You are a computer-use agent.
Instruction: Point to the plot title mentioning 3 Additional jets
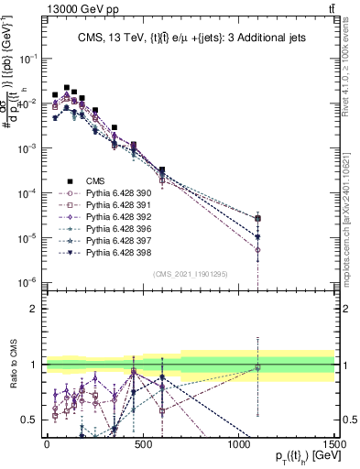tap(190, 37)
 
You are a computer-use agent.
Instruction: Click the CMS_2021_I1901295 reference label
tap(190, 274)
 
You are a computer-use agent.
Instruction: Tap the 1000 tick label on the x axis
tap(238, 443)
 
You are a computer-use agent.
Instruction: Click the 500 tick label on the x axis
tap(142, 443)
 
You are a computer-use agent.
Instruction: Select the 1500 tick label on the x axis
tap(333, 443)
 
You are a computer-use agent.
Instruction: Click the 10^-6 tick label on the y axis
tap(27, 282)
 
